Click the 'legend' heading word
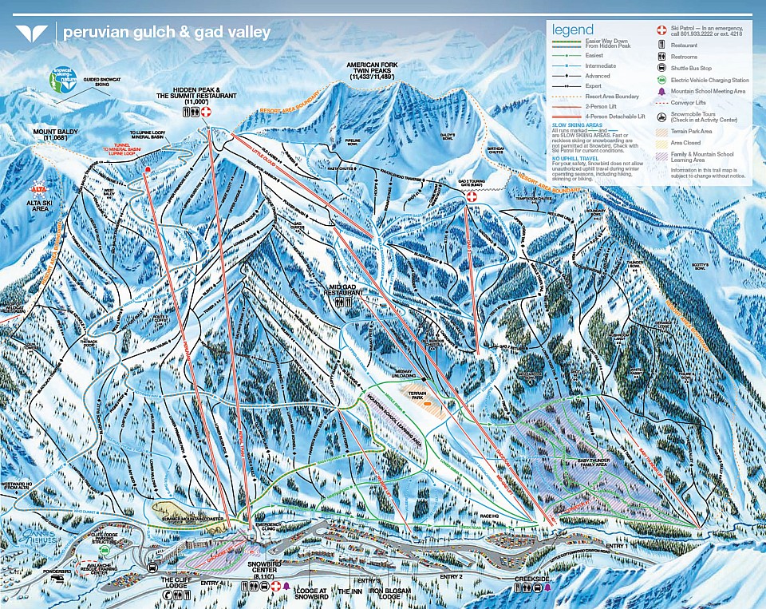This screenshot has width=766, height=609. point(574,30)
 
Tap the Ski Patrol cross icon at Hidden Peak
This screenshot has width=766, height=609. point(206,113)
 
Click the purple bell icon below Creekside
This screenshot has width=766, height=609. point(547,587)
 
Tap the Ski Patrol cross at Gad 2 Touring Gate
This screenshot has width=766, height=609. point(472,196)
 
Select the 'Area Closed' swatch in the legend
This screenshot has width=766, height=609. point(661,141)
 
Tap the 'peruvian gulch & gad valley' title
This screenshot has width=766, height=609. point(166,34)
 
